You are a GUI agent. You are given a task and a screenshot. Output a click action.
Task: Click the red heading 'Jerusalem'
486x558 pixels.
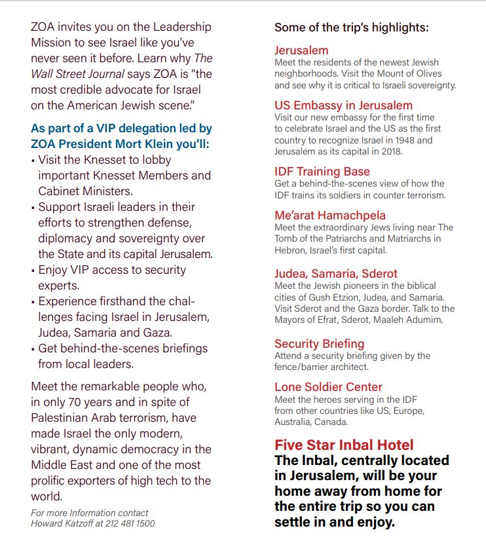pyautogui.click(x=301, y=50)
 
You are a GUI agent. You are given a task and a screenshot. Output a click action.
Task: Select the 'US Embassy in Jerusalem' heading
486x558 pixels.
pyautogui.click(x=343, y=105)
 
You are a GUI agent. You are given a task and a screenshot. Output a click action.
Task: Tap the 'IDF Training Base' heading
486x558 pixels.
pyautogui.click(x=322, y=172)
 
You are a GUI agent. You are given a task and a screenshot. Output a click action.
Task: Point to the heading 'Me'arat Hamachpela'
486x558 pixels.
pyautogui.click(x=330, y=215)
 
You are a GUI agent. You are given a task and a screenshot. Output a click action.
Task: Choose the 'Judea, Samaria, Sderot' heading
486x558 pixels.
pyautogui.click(x=336, y=274)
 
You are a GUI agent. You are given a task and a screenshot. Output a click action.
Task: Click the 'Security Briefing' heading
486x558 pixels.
pyautogui.click(x=319, y=344)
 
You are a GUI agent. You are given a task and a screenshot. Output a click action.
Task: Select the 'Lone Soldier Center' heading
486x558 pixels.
pyautogui.click(x=328, y=387)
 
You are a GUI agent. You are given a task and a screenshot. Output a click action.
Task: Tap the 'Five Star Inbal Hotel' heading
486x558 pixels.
pyautogui.click(x=344, y=445)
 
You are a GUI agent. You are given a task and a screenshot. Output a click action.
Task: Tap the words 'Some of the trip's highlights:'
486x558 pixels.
pyautogui.click(x=352, y=28)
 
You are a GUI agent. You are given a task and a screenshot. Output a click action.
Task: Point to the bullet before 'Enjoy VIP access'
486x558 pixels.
pyautogui.click(x=33, y=270)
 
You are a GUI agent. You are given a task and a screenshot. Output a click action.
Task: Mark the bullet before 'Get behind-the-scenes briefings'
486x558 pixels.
pyautogui.click(x=33, y=349)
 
